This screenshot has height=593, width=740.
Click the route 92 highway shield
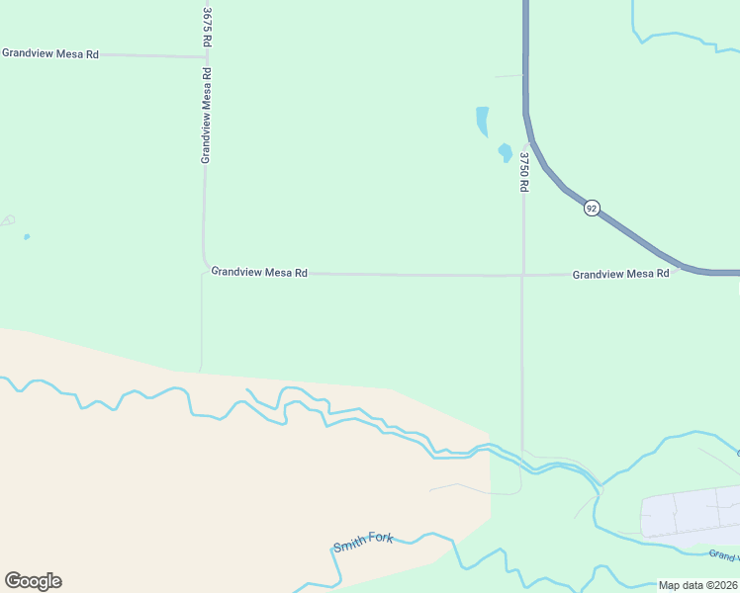[x=592, y=208]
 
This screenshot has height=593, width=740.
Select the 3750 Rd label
[x=524, y=171]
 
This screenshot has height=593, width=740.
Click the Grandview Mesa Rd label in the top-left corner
[x=50, y=53]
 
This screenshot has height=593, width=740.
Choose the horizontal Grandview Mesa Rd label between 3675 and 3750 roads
[x=259, y=272]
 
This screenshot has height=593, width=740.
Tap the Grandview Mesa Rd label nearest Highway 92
[x=620, y=273]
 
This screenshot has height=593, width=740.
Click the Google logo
[x=33, y=581]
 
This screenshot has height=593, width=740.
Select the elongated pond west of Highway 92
[x=482, y=122]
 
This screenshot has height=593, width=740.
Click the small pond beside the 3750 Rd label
[x=505, y=153]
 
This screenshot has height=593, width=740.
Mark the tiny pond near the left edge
[x=27, y=236]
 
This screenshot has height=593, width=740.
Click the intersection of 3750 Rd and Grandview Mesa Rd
[x=523, y=275]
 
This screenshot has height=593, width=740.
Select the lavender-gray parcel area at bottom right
[x=693, y=511]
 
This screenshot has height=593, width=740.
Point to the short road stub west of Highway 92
[x=509, y=75]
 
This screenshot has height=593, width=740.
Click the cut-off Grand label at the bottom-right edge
[x=724, y=555]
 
